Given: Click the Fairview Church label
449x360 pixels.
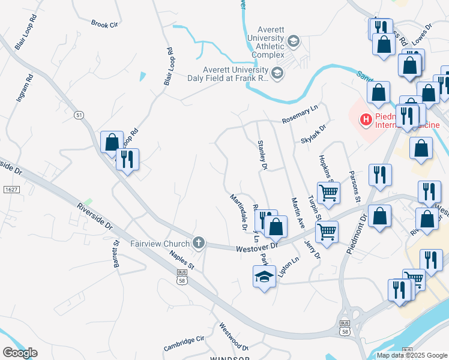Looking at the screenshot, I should [159, 244].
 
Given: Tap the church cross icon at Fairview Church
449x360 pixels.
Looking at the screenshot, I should [199, 244].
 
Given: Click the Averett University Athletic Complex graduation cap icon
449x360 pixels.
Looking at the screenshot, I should [294, 41].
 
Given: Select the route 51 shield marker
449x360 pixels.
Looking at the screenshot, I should [79, 115].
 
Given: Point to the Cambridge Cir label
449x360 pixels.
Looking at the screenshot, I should [184, 344].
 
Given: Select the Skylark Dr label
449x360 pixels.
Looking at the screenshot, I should [313, 133].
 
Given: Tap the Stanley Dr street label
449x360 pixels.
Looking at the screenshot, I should [262, 154].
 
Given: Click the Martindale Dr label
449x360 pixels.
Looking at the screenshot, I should [238, 211].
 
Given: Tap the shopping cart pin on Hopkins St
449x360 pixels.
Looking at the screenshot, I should [328, 193].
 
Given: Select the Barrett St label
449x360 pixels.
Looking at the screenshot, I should [115, 254].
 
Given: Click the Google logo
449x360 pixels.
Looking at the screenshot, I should [20, 352].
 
